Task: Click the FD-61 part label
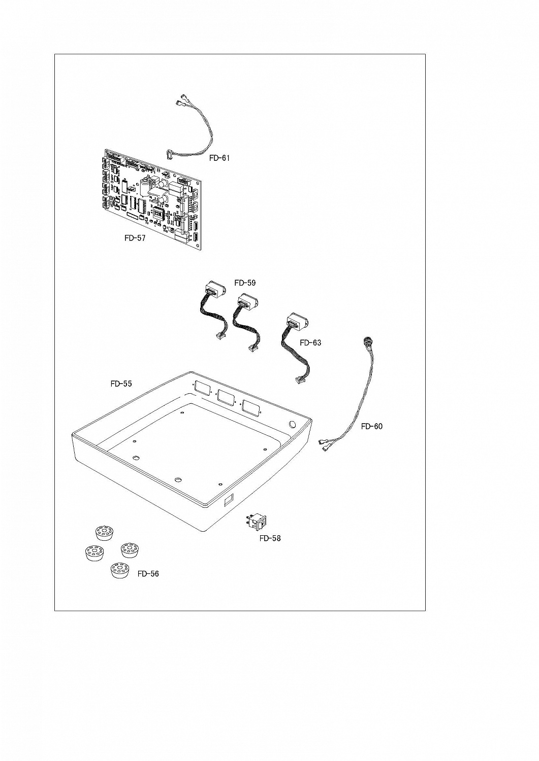[219, 158]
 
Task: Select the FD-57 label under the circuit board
[135, 238]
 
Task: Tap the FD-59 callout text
[245, 283]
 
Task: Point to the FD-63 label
[310, 343]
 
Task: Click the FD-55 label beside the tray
[121, 384]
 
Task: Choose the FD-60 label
[372, 426]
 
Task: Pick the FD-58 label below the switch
[270, 538]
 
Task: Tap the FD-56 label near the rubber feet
[148, 574]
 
